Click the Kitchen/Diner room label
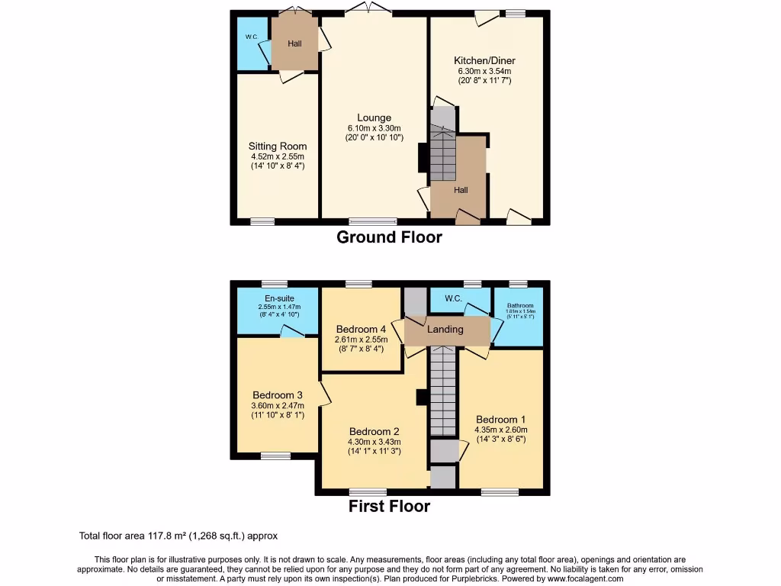coord(484,60)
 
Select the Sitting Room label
coord(278,146)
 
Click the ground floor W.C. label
coord(251,37)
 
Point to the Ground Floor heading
coord(389,237)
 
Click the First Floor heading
coord(389,506)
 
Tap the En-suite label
coord(279,298)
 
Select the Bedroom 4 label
coord(361,329)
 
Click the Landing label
coord(445,330)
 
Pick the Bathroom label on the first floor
coord(519,305)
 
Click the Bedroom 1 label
coord(500,420)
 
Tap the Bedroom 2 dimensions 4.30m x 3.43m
coord(374,442)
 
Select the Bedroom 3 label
coord(278,394)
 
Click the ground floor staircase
coord(442,153)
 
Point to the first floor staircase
coord(442,389)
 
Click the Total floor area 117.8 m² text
coord(184,536)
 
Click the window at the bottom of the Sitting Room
coord(262,221)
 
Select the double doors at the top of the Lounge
coord(368,9)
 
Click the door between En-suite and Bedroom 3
coord(291,331)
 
